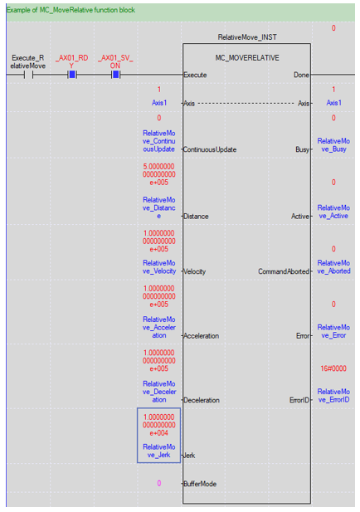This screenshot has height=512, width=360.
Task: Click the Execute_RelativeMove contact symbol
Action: [x=28, y=76]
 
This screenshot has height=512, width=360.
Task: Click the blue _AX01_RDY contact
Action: [x=72, y=76]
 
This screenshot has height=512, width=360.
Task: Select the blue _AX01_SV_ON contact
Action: [x=115, y=76]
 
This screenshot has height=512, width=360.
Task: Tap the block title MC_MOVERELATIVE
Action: [x=247, y=58]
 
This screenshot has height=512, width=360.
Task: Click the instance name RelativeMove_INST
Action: [x=247, y=37]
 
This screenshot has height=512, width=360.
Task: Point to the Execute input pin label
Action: [x=195, y=76]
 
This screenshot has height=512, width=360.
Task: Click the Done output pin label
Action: [x=301, y=76]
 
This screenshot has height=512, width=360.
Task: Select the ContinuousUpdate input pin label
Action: [x=210, y=149]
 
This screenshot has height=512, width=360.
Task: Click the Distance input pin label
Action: [x=196, y=216]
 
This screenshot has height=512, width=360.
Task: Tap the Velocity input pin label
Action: [x=195, y=271]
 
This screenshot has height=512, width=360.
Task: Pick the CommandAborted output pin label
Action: [x=284, y=271]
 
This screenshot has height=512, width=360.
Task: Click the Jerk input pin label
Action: [x=189, y=456]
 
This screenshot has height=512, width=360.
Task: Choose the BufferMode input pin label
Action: [x=200, y=484]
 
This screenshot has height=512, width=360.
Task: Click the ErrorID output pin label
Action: [x=299, y=400]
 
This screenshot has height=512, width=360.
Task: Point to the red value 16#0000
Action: [x=333, y=368]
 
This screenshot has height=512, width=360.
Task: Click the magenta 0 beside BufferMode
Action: [x=159, y=483]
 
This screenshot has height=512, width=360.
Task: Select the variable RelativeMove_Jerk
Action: [x=159, y=451]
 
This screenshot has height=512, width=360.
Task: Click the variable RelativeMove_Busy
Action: [x=333, y=145]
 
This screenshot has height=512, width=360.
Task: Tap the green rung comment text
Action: [x=71, y=10]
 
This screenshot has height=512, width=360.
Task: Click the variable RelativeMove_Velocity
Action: [x=159, y=267]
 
